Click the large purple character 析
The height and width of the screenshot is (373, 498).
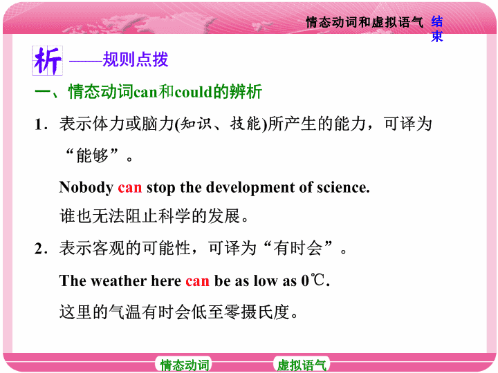tap(47, 61)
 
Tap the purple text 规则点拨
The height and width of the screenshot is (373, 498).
tap(136, 59)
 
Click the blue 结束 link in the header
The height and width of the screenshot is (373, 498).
tap(437, 29)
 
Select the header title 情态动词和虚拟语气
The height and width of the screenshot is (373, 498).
tap(365, 22)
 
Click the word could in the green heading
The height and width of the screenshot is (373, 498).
tap(193, 92)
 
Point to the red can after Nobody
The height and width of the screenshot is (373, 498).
tap(129, 187)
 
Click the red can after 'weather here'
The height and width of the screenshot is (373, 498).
tap(197, 281)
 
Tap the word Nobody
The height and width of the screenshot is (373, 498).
tap(86, 187)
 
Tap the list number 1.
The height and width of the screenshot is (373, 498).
tap(39, 124)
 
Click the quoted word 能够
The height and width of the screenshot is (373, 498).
tap(93, 155)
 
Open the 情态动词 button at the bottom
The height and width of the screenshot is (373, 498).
tap(184, 365)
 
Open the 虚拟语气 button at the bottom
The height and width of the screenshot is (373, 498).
tap(302, 365)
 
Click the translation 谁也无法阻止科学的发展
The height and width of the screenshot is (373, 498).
tap(154, 217)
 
